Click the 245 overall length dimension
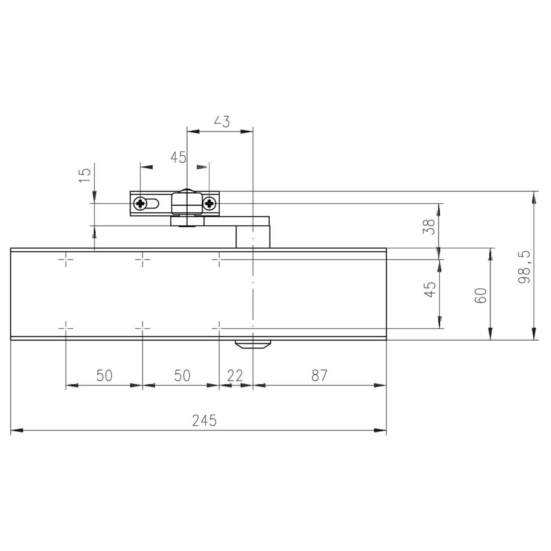[205, 420]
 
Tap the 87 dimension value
[319, 375]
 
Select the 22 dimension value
[235, 375]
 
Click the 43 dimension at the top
[222, 121]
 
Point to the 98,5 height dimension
[524, 267]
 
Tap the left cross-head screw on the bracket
[140, 203]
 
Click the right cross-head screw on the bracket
[209, 203]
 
